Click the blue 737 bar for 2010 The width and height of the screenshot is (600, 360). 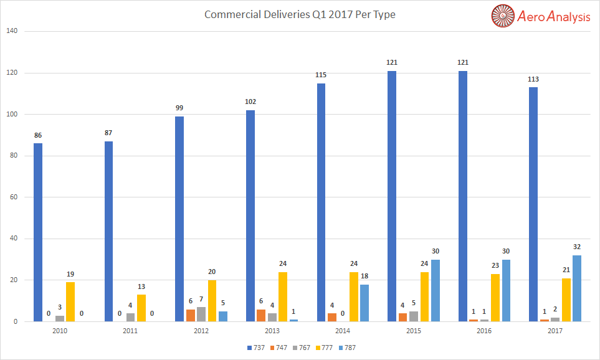[x=38, y=232]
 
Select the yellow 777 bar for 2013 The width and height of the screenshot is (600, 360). [x=283, y=296]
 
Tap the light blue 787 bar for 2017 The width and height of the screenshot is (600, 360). [x=577, y=288]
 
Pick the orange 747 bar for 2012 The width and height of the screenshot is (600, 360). [x=191, y=315]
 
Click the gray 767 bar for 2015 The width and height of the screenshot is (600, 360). [x=413, y=316]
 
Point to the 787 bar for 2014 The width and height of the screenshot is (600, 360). [x=364, y=303]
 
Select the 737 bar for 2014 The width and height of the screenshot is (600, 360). [x=321, y=202]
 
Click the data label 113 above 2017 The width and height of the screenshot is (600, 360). [x=533, y=79]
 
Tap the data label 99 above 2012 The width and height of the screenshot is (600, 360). [x=179, y=108]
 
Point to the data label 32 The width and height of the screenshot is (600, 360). [x=577, y=247]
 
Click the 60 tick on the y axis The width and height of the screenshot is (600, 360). [x=14, y=197]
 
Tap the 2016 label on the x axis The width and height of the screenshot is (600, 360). [x=483, y=331]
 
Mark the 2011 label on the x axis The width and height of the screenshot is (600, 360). [x=130, y=331]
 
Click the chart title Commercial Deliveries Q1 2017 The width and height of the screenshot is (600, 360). [x=300, y=14]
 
